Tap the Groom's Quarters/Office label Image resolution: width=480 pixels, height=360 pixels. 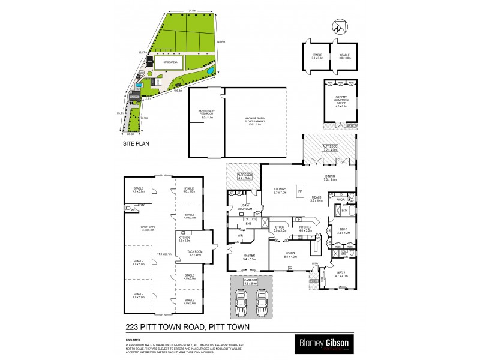point(341,101)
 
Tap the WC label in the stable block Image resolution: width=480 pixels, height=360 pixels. point(128,209)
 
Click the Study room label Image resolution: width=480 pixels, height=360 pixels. point(280,228)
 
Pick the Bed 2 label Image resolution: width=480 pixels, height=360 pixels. point(341,275)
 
